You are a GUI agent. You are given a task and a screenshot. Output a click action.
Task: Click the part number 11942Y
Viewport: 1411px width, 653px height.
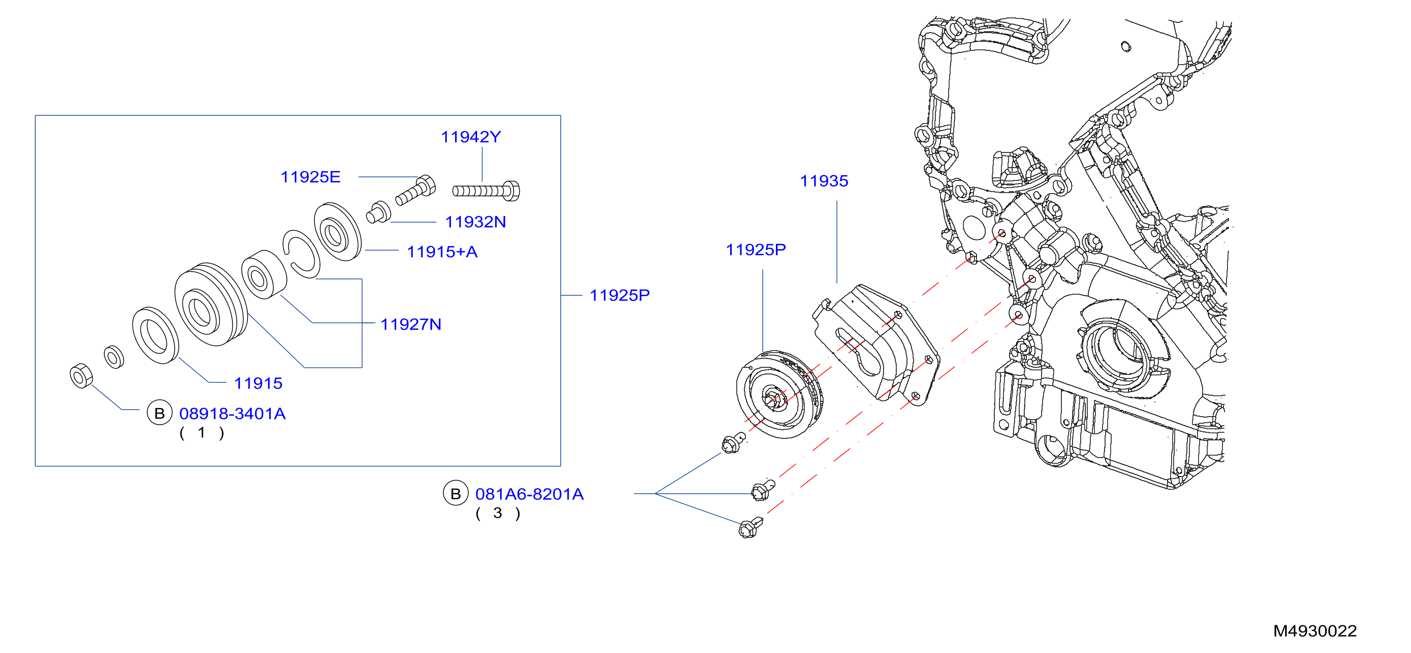click(470, 137)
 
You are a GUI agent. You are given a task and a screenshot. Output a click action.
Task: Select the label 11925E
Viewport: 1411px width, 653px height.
click(311, 177)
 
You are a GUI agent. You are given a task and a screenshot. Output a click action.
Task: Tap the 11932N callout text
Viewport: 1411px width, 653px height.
click(475, 222)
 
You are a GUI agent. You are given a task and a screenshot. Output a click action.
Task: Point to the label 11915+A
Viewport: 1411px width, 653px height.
click(442, 252)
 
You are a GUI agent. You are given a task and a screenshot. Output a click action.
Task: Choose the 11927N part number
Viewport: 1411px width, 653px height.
click(411, 324)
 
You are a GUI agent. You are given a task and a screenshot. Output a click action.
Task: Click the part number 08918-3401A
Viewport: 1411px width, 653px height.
click(232, 414)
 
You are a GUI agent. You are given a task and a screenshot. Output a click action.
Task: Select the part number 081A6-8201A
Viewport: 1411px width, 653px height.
click(529, 494)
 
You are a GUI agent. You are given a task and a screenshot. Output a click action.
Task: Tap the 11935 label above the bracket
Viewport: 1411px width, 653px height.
click(824, 181)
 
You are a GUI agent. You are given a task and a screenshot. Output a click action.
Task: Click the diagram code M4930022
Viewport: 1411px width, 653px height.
click(1315, 631)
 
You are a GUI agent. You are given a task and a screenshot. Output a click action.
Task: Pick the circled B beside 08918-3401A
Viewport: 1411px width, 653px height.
click(159, 413)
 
